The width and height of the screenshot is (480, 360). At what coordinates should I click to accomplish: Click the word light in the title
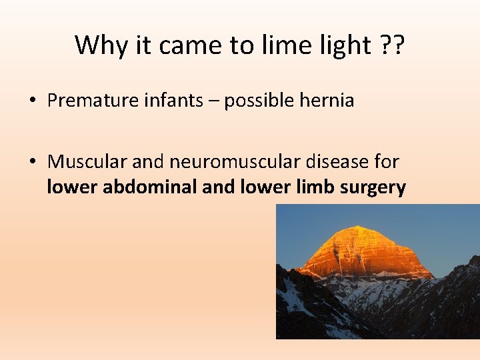[x=339, y=45]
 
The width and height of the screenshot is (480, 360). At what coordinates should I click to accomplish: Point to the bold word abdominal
[x=150, y=188]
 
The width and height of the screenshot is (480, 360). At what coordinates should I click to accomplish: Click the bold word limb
[x=312, y=188]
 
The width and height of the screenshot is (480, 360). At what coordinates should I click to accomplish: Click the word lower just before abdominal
[x=73, y=188]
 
